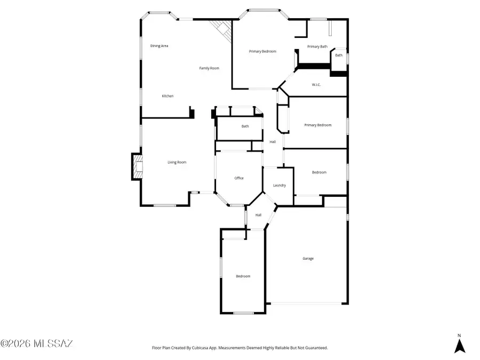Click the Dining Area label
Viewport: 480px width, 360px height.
pyautogui.click(x=159, y=46)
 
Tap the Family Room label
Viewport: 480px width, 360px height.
pyautogui.click(x=209, y=68)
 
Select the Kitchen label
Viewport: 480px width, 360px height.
pyautogui.click(x=167, y=96)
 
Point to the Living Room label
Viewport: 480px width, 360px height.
pyautogui.click(x=177, y=162)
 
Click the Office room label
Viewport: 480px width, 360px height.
pyautogui.click(x=239, y=178)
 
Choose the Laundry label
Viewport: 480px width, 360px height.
pyautogui.click(x=279, y=186)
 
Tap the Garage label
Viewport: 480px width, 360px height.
pyautogui.click(x=308, y=259)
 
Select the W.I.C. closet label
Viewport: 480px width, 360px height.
pyautogui.click(x=316, y=85)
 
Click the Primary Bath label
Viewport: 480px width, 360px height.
pyautogui.click(x=317, y=47)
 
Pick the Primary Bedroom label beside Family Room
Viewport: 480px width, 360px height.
pyautogui.click(x=262, y=51)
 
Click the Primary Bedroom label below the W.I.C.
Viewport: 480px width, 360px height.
pyautogui.click(x=318, y=125)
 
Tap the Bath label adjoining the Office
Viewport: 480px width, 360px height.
pyautogui.click(x=245, y=126)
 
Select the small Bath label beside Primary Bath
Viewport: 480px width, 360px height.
pyautogui.click(x=339, y=55)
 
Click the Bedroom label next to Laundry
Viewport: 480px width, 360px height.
pyautogui.click(x=319, y=172)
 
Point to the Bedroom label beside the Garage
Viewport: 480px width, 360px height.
pyautogui.click(x=243, y=276)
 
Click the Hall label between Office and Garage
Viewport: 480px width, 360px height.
pyautogui.click(x=258, y=215)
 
